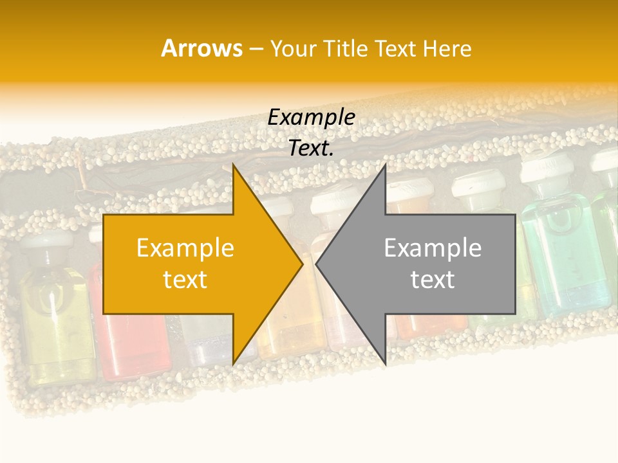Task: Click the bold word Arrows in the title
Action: click(201, 48)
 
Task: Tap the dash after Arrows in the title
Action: click(256, 48)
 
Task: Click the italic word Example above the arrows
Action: click(311, 118)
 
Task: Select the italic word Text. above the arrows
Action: click(311, 149)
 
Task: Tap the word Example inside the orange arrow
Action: click(185, 248)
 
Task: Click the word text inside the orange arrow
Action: click(185, 280)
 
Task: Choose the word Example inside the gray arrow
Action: click(433, 248)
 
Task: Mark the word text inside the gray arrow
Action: click(433, 280)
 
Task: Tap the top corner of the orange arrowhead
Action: click(234, 165)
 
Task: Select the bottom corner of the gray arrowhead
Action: click(385, 364)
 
